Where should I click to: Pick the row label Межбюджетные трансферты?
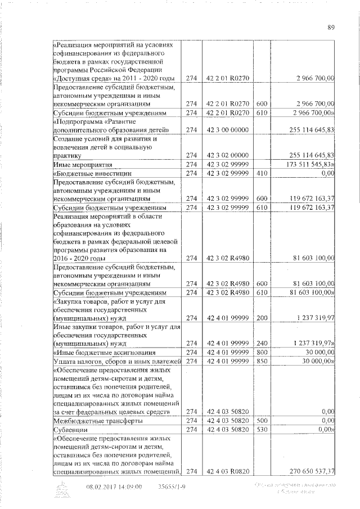click(90, 421)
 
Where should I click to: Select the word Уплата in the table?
click(66, 361)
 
